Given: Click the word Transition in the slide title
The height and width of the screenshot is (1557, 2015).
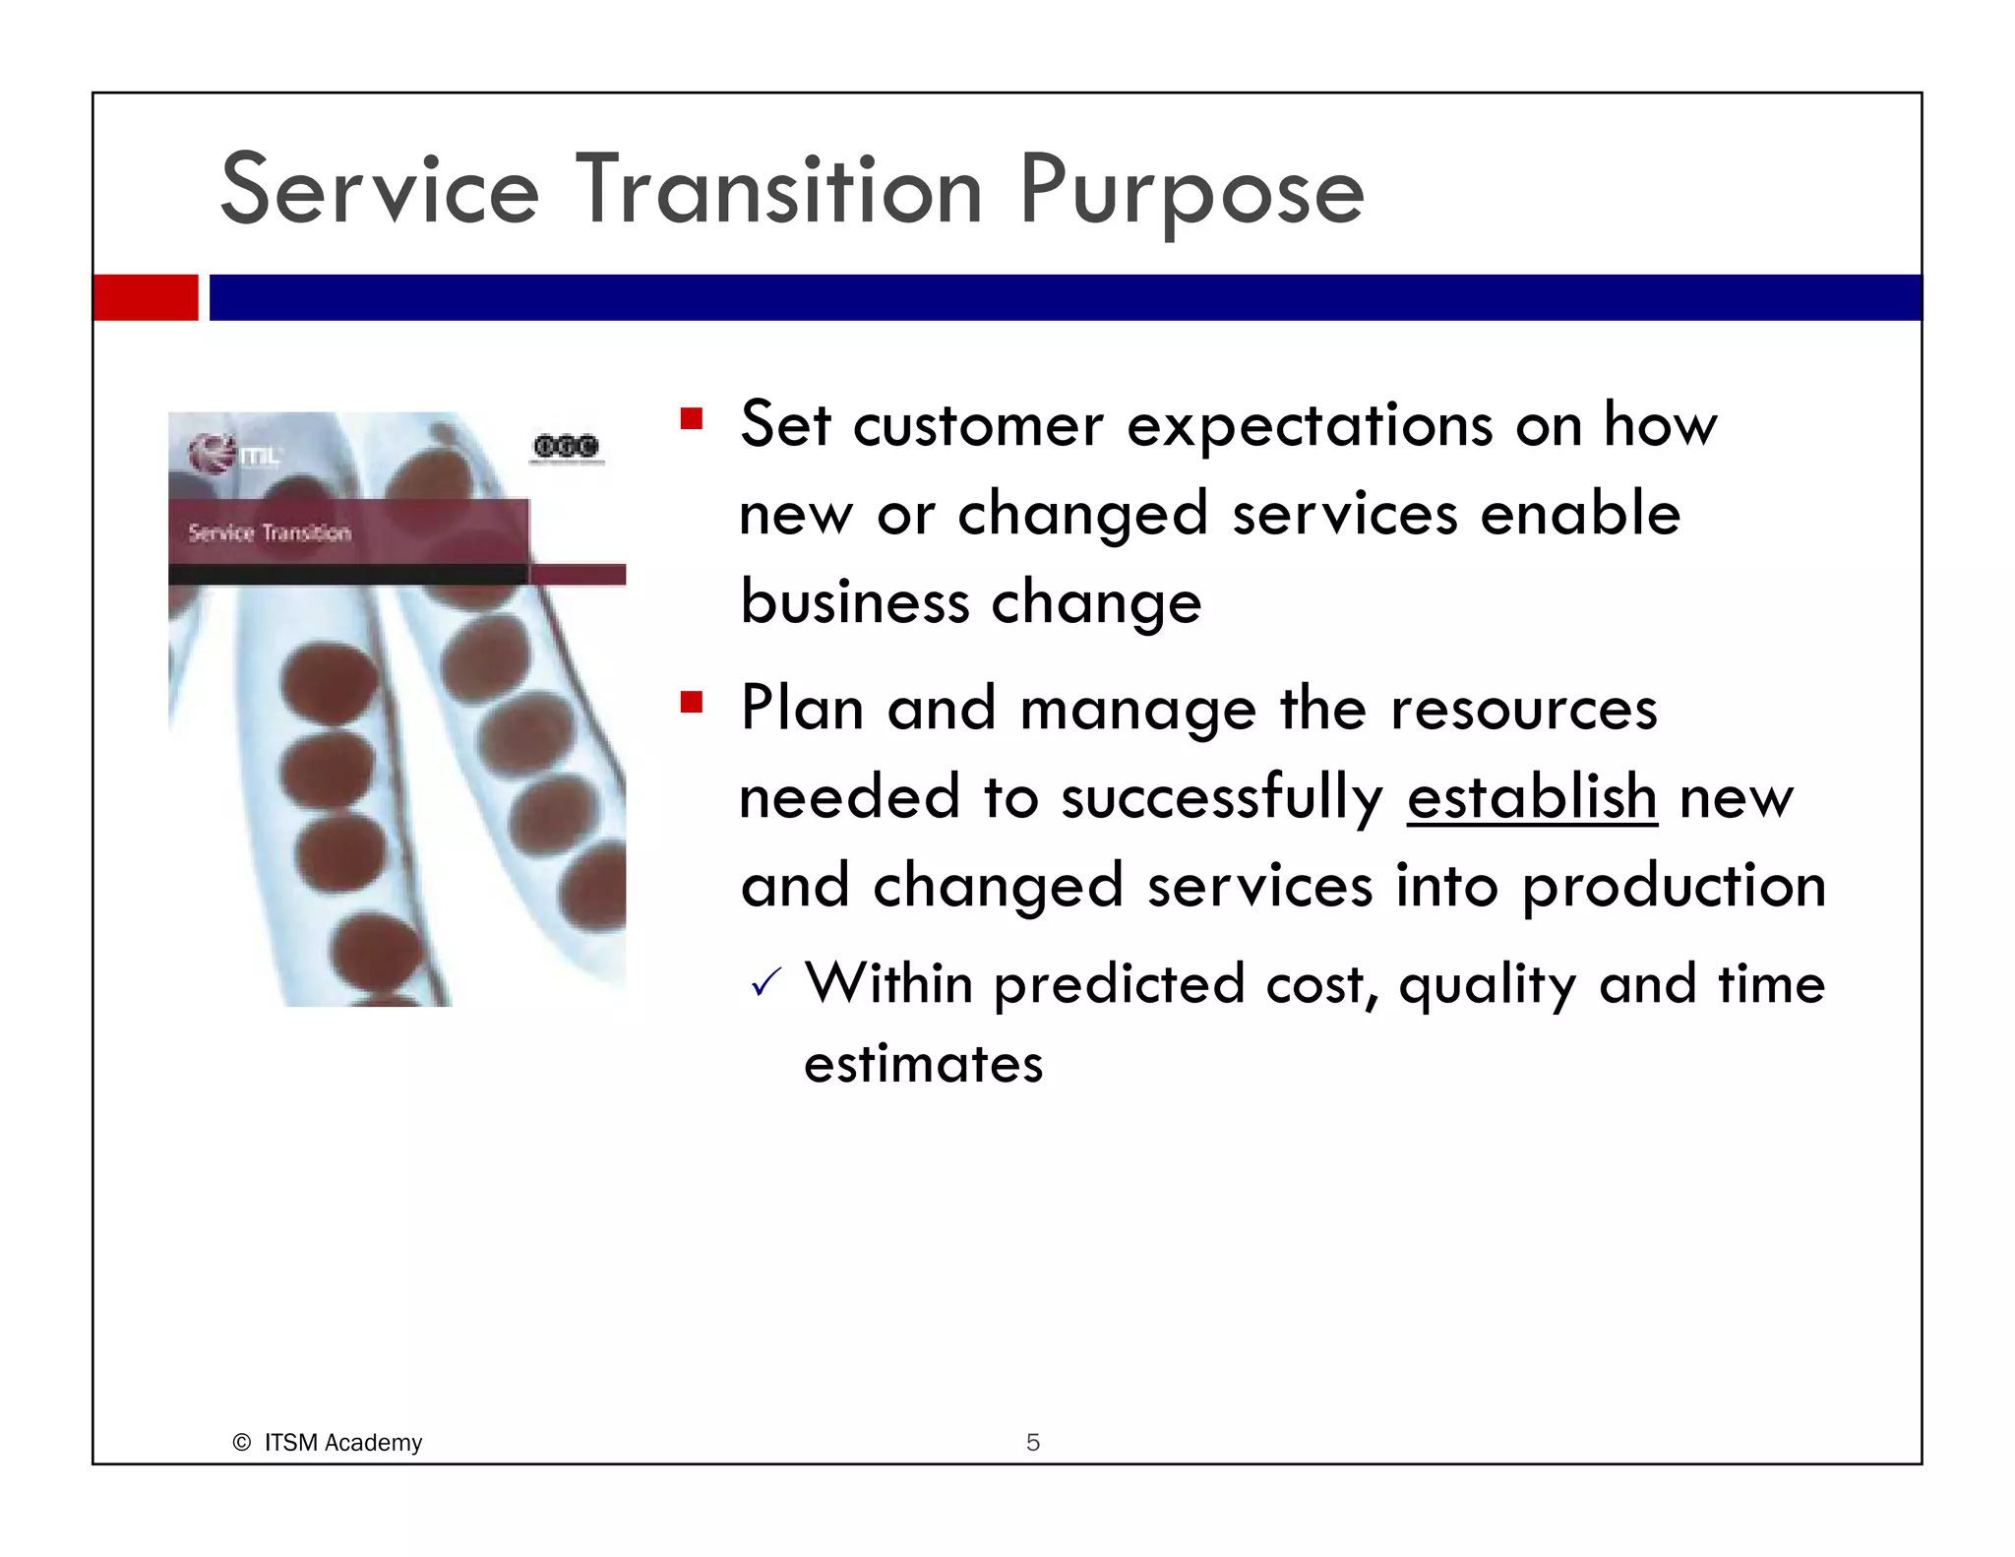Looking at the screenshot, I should pyautogui.click(x=778, y=189).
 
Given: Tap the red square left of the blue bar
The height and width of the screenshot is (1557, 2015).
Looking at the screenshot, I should pyautogui.click(x=146, y=297).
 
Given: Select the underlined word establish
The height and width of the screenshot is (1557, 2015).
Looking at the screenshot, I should pyautogui.click(x=1532, y=796).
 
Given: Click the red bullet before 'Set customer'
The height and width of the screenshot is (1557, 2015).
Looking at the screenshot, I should pyautogui.click(x=692, y=420).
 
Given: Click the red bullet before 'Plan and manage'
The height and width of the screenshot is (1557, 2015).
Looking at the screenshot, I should pyautogui.click(x=692, y=703).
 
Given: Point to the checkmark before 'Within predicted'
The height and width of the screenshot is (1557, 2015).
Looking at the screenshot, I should pyautogui.click(x=765, y=982).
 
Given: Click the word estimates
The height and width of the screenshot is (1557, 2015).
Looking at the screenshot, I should pyautogui.click(x=923, y=1064).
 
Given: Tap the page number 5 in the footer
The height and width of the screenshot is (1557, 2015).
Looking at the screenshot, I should pyautogui.click(x=1032, y=1442).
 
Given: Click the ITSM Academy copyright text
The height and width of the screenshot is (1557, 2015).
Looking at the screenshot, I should pyautogui.click(x=342, y=1442).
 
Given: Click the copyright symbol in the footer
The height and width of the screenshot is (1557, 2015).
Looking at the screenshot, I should pyautogui.click(x=241, y=1442).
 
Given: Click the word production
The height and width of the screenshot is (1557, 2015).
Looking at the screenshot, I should pyautogui.click(x=1674, y=886).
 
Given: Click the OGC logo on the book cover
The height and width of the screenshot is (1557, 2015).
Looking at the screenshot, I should pyautogui.click(x=566, y=447).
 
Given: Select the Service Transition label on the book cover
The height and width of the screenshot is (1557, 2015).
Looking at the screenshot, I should pyautogui.click(x=270, y=533).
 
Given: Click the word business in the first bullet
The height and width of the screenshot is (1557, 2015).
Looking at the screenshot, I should pyautogui.click(x=854, y=601).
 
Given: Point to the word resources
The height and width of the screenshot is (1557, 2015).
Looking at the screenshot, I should pyautogui.click(x=1523, y=709).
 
